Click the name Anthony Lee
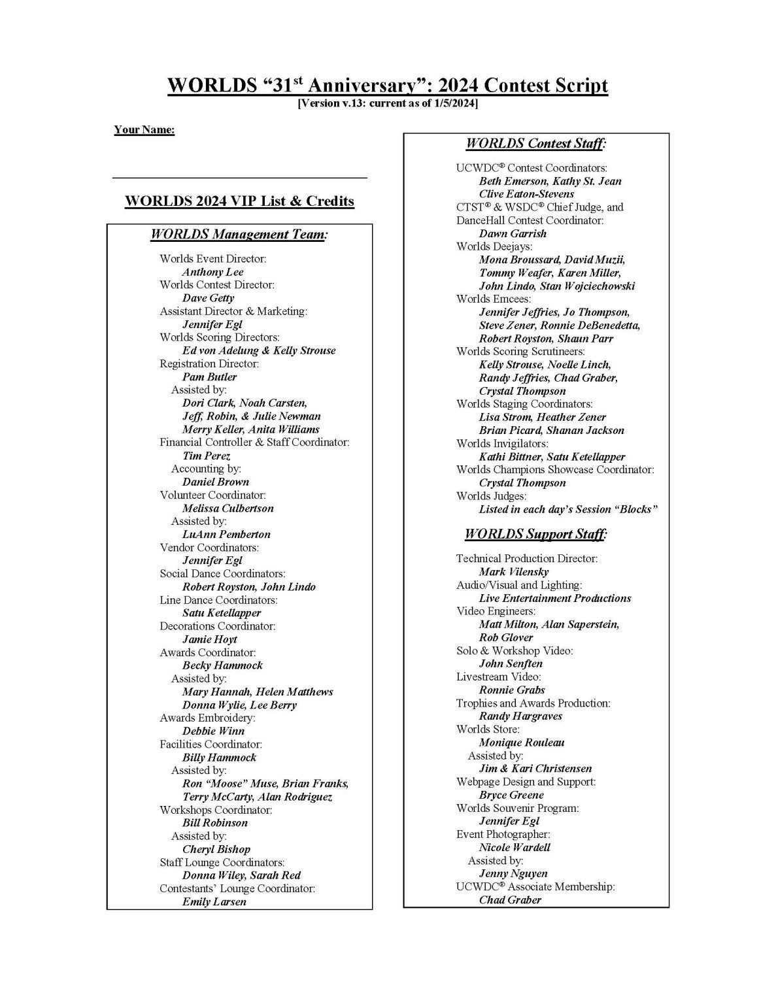(212, 272)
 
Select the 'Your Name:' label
(144, 129)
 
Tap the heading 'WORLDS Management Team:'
(239, 234)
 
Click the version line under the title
(388, 103)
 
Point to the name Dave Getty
(208, 298)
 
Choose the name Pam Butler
(209, 376)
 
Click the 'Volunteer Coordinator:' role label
(212, 495)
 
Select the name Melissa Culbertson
(228, 508)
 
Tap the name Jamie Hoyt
(209, 639)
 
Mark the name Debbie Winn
(213, 731)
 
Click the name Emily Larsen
(214, 901)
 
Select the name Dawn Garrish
(513, 233)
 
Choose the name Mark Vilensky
(514, 572)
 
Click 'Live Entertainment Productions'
(555, 598)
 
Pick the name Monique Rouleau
(522, 743)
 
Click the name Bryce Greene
(511, 795)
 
